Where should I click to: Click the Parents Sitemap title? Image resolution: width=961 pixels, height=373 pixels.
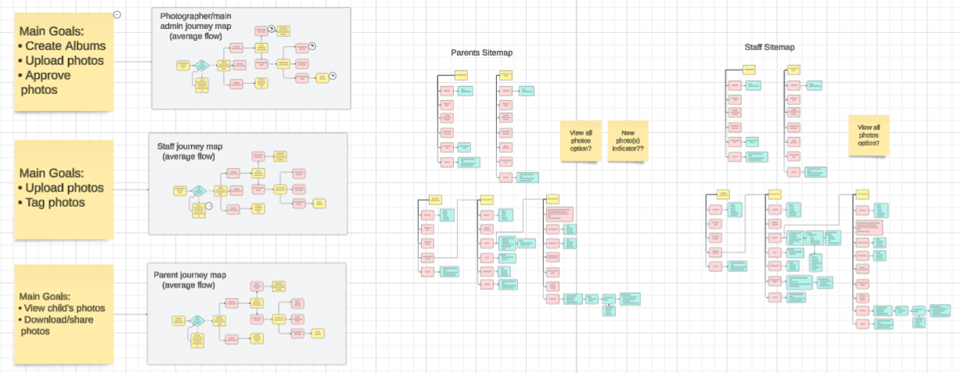(x=476, y=53)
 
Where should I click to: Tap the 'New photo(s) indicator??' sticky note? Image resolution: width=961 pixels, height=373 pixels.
(x=628, y=140)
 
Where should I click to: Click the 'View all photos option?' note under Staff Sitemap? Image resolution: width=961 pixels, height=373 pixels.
(x=869, y=136)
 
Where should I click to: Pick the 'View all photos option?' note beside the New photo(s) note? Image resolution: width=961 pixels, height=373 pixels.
(x=580, y=140)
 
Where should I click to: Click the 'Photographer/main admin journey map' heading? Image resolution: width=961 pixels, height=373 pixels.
(x=196, y=26)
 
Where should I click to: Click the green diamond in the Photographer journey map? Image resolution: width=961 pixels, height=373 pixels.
(x=201, y=64)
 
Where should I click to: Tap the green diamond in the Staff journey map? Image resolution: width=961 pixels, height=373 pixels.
(x=199, y=190)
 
